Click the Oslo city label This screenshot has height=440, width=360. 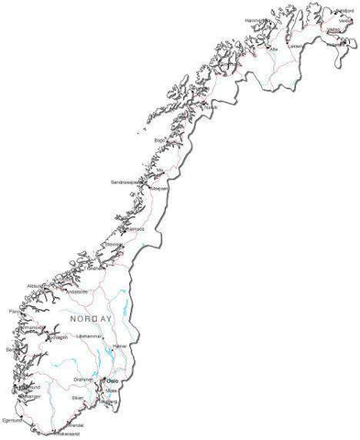[114, 379]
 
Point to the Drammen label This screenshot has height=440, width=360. [84, 378]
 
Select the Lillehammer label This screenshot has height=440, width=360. [89, 336]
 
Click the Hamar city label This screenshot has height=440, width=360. [119, 346]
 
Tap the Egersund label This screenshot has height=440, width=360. [14, 418]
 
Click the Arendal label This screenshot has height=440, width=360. [77, 425]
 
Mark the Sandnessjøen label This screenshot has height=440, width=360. [126, 182]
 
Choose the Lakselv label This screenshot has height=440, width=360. [294, 46]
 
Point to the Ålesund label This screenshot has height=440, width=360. [38, 286]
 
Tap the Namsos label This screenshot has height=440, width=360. [112, 226]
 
